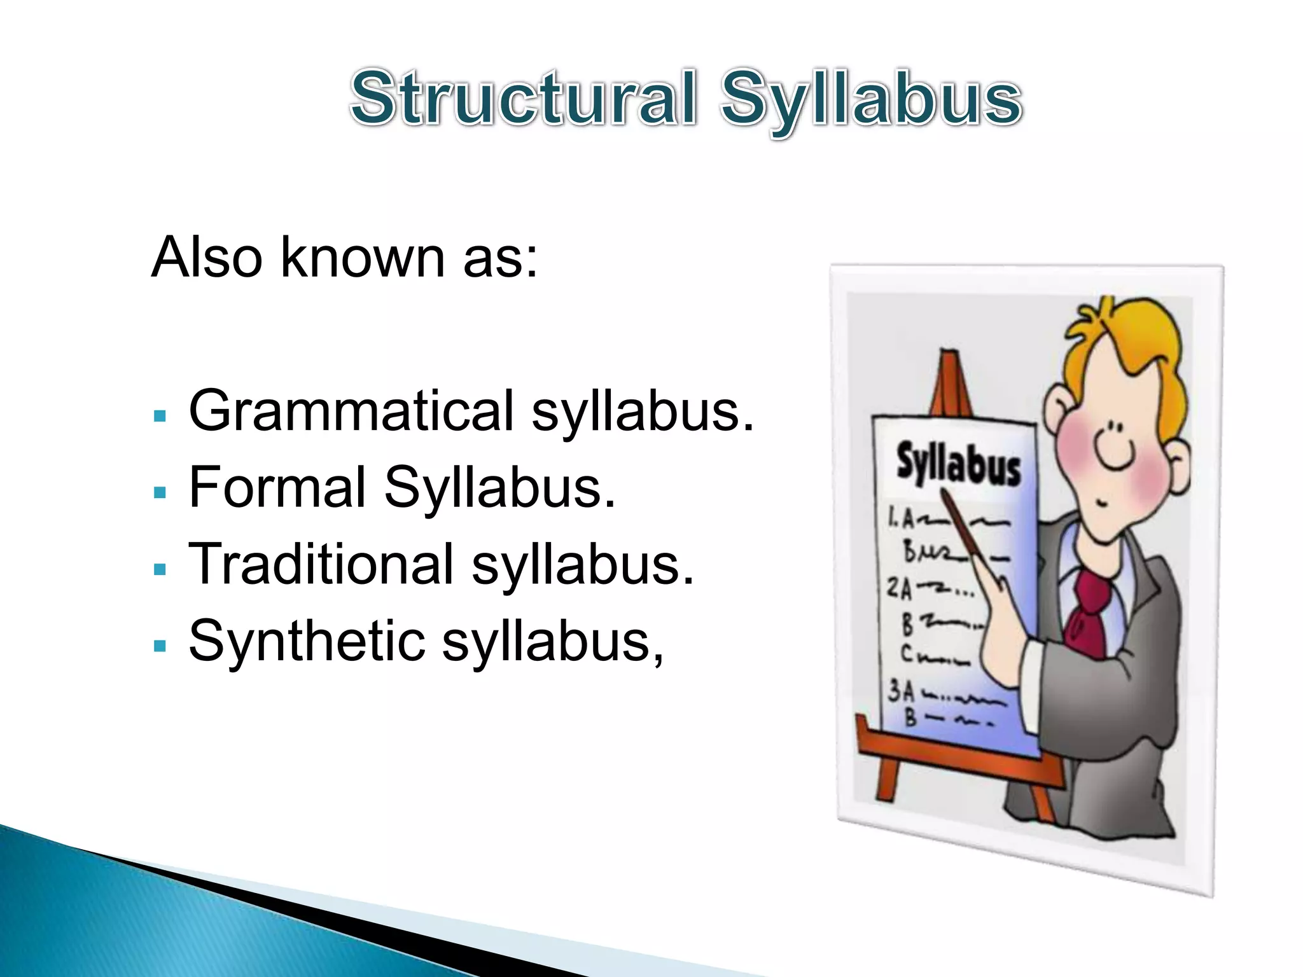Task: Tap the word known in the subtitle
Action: [363, 257]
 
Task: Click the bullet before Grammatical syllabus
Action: [160, 417]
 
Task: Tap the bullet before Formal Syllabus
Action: [160, 493]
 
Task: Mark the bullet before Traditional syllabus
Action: [160, 569]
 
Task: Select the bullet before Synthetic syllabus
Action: [160, 646]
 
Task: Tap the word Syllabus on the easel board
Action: [958, 465]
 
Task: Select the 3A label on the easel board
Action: [901, 691]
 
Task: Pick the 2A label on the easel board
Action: [899, 589]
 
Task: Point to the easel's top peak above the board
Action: [951, 356]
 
